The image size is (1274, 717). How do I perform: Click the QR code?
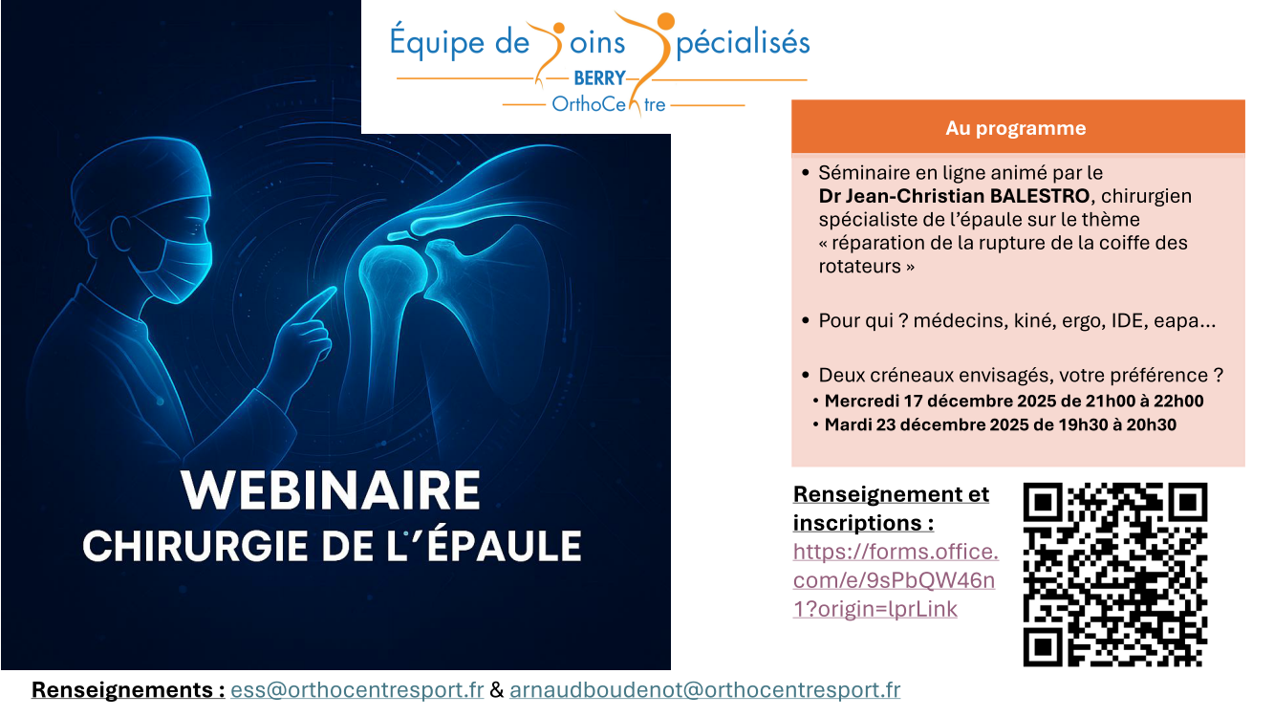point(1114,575)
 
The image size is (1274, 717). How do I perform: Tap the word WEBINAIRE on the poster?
point(331,490)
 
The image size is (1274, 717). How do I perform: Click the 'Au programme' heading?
point(1015,129)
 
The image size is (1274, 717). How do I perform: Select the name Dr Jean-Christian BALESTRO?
point(954,196)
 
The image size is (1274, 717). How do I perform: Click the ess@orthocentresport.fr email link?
point(357,689)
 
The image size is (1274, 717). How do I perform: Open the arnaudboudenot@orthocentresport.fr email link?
point(704,689)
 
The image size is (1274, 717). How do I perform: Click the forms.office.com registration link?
point(896,580)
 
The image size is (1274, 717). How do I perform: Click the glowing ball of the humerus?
point(394,272)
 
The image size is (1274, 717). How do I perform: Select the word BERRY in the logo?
point(599,78)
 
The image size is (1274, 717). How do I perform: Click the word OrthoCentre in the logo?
point(609,105)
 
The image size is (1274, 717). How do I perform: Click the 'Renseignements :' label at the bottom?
point(128,689)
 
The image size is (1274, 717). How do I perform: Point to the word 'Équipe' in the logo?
point(437,42)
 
